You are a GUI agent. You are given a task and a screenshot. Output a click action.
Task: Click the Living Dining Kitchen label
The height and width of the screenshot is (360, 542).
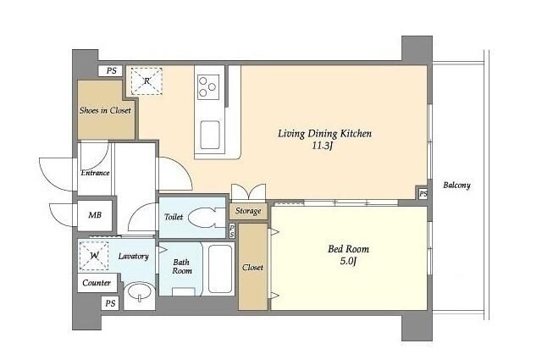click(324, 134)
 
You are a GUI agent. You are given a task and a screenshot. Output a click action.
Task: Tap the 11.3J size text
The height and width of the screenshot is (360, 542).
click(323, 146)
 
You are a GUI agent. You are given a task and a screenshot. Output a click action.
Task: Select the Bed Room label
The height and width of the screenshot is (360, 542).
click(348, 249)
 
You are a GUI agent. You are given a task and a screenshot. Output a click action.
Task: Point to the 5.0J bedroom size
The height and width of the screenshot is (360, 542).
click(348, 261)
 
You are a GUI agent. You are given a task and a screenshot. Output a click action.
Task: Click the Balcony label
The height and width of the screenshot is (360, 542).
click(457, 186)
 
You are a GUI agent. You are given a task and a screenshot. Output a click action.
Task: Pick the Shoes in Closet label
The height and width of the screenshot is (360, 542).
click(105, 111)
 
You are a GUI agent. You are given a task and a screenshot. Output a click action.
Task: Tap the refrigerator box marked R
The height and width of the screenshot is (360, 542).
click(147, 81)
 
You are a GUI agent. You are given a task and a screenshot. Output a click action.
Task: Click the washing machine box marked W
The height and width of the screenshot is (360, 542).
click(94, 256)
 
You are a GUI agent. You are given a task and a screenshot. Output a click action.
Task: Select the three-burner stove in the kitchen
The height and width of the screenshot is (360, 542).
click(208, 87)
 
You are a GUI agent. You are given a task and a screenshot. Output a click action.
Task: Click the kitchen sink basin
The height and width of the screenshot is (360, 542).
click(210, 135)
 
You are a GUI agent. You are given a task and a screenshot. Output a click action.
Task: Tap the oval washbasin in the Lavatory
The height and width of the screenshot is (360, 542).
click(139, 292)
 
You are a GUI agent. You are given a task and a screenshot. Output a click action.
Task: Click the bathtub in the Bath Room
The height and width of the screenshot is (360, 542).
click(220, 269)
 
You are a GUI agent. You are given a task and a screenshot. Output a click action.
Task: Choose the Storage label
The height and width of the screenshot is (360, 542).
click(248, 211)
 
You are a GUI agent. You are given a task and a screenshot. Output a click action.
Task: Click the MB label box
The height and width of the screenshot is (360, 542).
click(95, 215)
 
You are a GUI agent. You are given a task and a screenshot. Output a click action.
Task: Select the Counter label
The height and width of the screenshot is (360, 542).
click(97, 283)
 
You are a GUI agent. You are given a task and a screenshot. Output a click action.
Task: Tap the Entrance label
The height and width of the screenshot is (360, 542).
click(95, 173)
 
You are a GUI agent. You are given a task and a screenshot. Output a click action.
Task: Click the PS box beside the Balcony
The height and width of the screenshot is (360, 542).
click(423, 194)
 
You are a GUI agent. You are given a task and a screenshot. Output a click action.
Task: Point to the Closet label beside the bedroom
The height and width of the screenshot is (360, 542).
click(252, 268)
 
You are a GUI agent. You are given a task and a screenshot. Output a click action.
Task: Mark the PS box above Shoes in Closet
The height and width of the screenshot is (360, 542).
click(111, 71)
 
